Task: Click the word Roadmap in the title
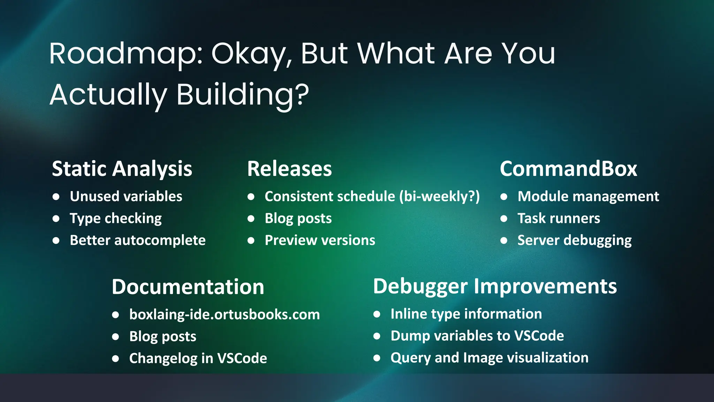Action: click(124, 54)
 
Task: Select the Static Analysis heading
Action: click(122, 169)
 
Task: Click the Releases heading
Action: click(289, 169)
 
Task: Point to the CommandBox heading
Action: click(568, 169)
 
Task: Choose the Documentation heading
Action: click(188, 287)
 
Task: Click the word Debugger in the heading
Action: click(420, 287)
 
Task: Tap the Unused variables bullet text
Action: click(126, 196)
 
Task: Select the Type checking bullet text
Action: click(115, 218)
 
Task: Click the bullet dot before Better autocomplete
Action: click(56, 240)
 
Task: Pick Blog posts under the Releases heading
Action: click(298, 218)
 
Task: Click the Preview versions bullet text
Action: click(320, 240)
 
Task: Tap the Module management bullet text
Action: click(588, 196)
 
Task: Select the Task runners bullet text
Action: click(559, 218)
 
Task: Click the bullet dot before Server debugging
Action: click(503, 240)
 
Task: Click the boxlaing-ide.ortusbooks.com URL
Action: click(224, 314)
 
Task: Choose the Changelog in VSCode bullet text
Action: click(198, 358)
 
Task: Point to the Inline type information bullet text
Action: click(466, 314)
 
